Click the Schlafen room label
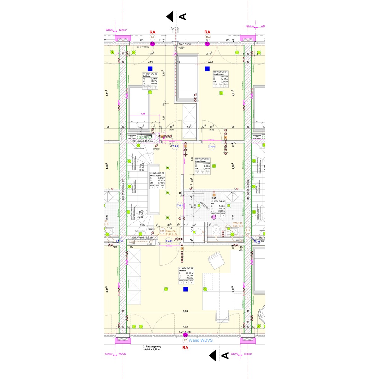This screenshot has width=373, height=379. tap(147, 76)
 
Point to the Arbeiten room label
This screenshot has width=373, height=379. tap(182, 271)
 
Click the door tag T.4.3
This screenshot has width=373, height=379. tap(175, 147)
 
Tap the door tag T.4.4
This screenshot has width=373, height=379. tap(212, 147)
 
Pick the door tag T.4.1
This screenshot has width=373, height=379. tap(180, 206)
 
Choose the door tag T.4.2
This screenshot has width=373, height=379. tap(169, 241)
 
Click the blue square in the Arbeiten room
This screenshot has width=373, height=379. tap(186, 289)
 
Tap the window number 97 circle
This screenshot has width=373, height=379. tap(185, 340)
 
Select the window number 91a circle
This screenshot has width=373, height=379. tap(208, 37)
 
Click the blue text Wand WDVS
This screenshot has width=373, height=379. tap(200, 340)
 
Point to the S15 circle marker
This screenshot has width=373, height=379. tap(162, 231)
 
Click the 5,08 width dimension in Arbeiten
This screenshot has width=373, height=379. tap(185, 311)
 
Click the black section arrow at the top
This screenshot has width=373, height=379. tap(170, 17)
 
